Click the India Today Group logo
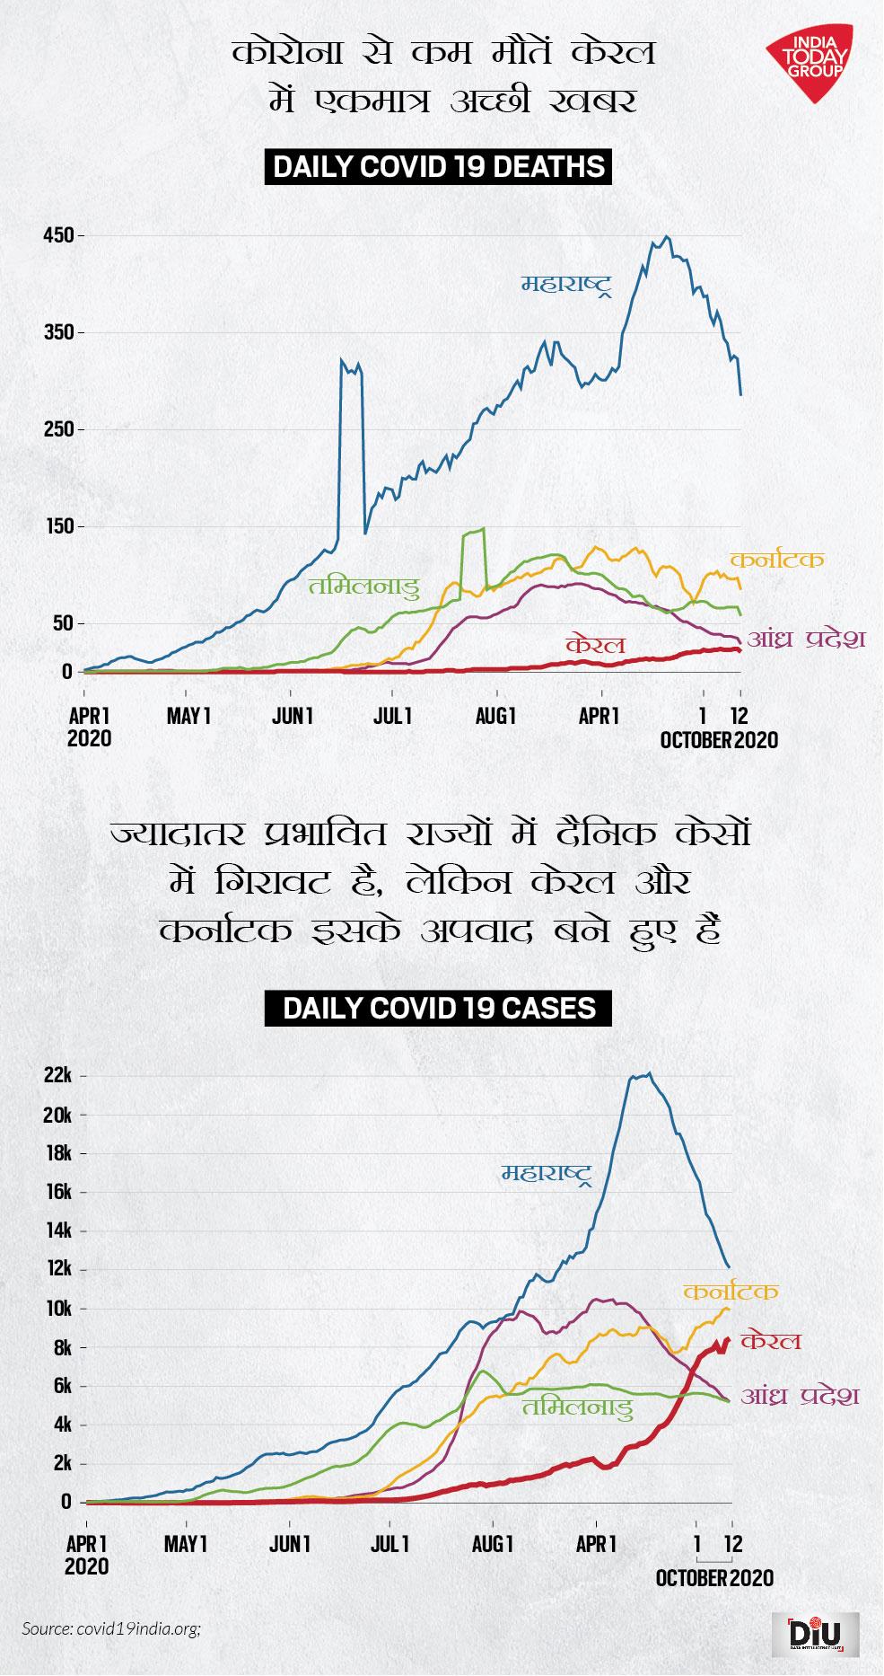[809, 64]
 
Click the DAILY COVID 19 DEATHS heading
[439, 167]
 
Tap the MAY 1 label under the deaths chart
[188, 716]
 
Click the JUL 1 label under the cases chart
[390, 1545]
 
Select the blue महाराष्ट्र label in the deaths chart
[568, 286]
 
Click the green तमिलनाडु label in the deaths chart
[363, 587]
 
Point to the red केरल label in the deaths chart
[595, 645]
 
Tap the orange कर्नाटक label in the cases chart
[730, 1292]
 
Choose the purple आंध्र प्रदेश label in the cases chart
[800, 1396]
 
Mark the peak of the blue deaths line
[665, 237]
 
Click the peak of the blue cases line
[649, 1073]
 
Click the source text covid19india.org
[111, 1627]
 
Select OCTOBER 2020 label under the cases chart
[714, 1578]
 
